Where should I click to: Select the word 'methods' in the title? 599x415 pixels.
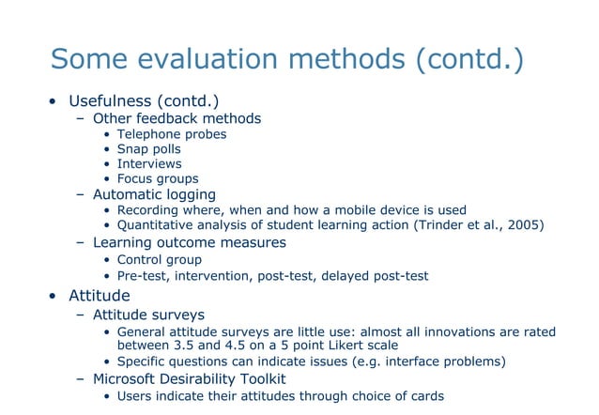(348, 59)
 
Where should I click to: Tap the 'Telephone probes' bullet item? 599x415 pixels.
(171, 134)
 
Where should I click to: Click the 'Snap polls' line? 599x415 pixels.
(148, 149)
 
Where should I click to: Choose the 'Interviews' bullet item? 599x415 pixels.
(148, 163)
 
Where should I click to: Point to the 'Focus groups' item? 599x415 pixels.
(157, 178)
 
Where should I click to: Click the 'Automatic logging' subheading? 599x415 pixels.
(154, 194)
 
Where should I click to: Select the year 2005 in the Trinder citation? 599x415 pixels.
(522, 224)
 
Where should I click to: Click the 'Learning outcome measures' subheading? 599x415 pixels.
(189, 242)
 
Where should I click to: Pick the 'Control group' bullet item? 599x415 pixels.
(159, 259)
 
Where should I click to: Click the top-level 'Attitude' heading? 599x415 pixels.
(99, 296)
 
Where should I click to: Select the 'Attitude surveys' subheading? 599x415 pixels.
(148, 315)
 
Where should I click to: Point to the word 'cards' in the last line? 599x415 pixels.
(423, 395)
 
